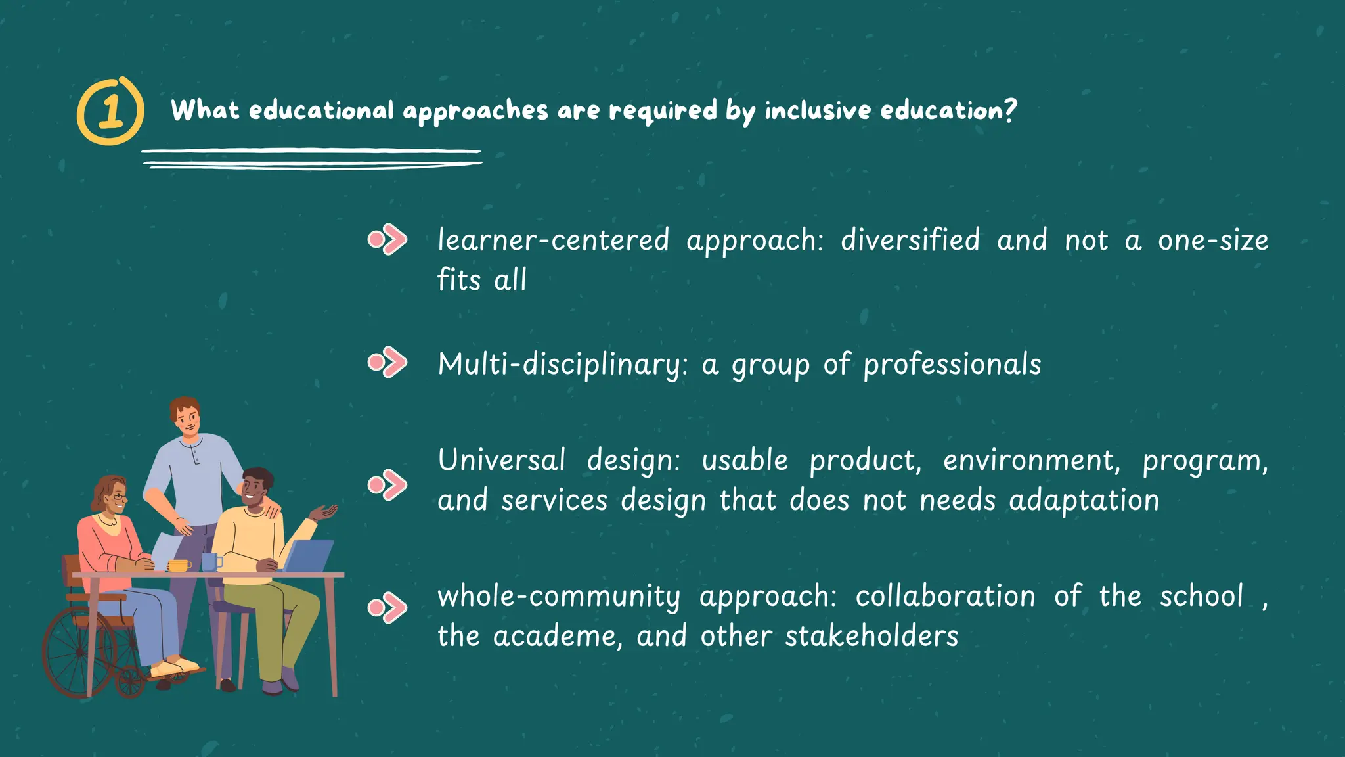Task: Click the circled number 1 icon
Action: click(110, 111)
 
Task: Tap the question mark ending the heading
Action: click(1009, 109)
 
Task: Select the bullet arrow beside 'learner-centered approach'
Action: click(387, 240)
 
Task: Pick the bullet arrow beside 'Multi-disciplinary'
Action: click(387, 363)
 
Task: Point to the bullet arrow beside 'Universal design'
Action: click(387, 485)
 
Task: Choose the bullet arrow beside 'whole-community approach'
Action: click(387, 607)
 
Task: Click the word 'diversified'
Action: click(910, 240)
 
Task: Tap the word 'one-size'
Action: click(1213, 240)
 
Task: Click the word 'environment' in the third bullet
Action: click(1031, 461)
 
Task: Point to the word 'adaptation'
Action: click(1084, 501)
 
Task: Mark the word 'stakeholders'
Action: click(871, 636)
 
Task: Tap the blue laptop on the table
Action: click(309, 556)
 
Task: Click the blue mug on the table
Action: click(209, 562)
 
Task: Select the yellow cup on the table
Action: click(178, 565)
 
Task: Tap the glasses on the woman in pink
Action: click(118, 497)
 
